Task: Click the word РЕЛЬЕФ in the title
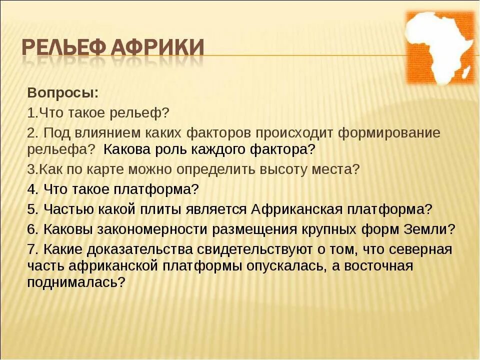pyautogui.click(x=63, y=48)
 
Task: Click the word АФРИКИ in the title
pyautogui.click(x=157, y=48)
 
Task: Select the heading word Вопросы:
pyautogui.click(x=63, y=93)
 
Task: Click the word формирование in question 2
pyautogui.click(x=389, y=133)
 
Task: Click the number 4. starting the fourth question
pyautogui.click(x=32, y=189)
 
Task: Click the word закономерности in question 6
pyautogui.click(x=152, y=229)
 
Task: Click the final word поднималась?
pyautogui.click(x=76, y=281)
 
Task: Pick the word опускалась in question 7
pyautogui.click(x=287, y=265)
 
